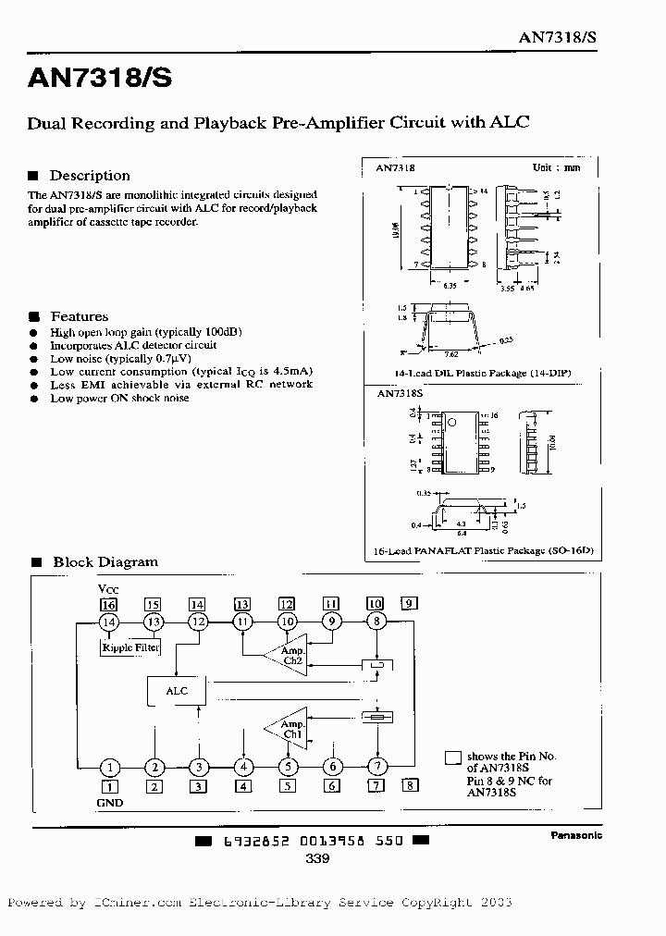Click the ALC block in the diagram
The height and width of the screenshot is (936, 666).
[176, 691]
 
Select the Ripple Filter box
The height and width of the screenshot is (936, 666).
[129, 647]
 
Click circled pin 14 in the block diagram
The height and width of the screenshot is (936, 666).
[109, 622]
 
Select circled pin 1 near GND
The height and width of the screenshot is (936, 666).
[109, 767]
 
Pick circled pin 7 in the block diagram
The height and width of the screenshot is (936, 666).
[376, 767]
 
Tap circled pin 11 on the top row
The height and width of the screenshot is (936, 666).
[242, 622]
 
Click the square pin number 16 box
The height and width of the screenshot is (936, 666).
[109, 603]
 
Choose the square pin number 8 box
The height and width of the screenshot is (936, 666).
[410, 786]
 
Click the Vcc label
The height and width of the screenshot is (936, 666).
[108, 588]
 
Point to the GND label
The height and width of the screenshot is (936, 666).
[109, 803]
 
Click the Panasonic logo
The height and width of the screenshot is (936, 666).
[576, 835]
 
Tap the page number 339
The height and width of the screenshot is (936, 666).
[317, 858]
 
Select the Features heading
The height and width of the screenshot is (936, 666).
[79, 316]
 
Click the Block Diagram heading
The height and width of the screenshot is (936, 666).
[105, 561]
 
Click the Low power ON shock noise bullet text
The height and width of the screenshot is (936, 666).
[119, 398]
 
